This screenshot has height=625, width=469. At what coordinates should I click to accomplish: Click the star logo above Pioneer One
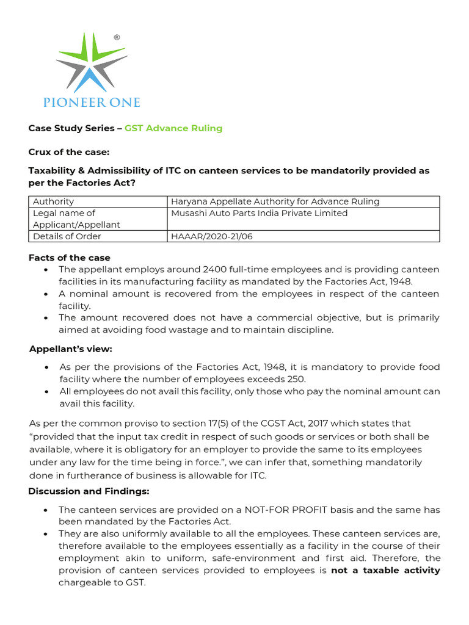[92, 61]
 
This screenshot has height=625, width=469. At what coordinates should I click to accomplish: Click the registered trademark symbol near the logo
[117, 38]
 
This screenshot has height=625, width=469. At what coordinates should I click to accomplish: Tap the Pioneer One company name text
[92, 102]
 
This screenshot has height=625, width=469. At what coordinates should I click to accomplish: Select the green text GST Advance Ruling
[173, 128]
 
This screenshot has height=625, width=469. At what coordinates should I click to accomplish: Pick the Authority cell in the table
[54, 201]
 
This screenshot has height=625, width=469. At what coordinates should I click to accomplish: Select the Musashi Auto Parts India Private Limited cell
[260, 213]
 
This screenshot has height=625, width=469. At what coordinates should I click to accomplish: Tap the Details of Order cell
[67, 236]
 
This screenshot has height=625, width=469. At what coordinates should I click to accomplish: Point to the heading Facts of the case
[70, 258]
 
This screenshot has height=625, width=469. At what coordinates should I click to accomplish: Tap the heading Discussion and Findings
[89, 491]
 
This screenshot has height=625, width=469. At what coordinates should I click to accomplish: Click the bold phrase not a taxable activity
[385, 570]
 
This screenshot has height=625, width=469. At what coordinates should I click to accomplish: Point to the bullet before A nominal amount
[47, 294]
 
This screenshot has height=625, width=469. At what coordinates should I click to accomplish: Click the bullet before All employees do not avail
[47, 392]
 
